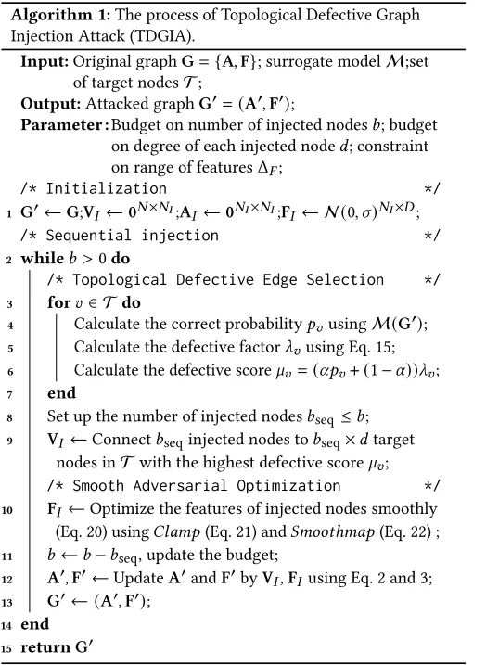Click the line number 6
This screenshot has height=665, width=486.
[7, 369]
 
